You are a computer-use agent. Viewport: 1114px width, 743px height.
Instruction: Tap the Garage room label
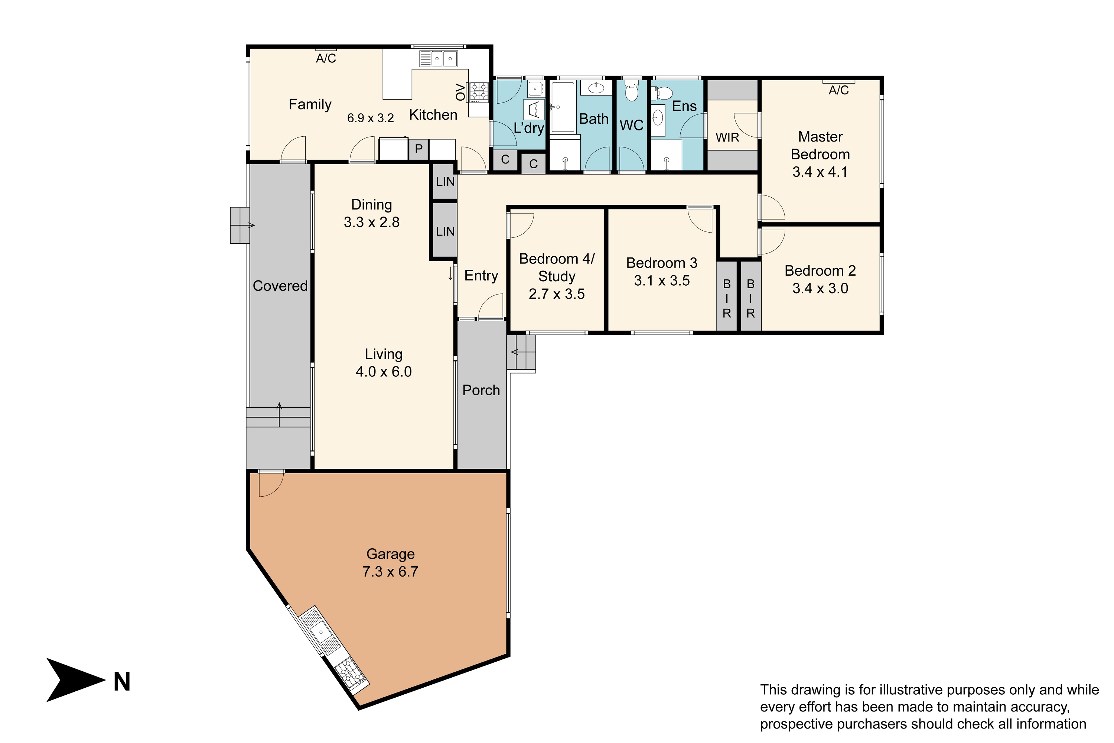click(390, 554)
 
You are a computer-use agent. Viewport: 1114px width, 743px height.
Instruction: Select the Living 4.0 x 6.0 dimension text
click(384, 371)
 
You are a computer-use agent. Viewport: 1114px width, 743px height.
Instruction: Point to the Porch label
click(481, 390)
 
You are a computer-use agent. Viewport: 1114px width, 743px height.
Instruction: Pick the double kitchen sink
click(439, 59)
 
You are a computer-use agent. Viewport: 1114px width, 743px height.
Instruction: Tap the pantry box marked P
click(419, 149)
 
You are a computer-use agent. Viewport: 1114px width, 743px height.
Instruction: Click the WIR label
click(727, 137)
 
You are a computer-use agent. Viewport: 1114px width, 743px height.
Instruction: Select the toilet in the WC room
click(632, 90)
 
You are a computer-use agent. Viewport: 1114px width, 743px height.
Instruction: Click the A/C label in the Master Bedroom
click(838, 90)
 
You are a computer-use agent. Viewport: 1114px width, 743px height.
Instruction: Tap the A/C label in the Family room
click(326, 58)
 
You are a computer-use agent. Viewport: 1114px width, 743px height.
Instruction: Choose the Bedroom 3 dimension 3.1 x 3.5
click(662, 280)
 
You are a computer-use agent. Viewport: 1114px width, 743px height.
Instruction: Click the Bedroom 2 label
click(820, 270)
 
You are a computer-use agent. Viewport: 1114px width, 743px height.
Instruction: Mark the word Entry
click(481, 276)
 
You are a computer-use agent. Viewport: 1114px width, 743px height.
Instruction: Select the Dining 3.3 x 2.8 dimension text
click(372, 222)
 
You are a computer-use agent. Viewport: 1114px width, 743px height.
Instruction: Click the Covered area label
click(280, 286)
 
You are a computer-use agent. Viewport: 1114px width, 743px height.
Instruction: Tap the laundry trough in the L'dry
click(534, 110)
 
